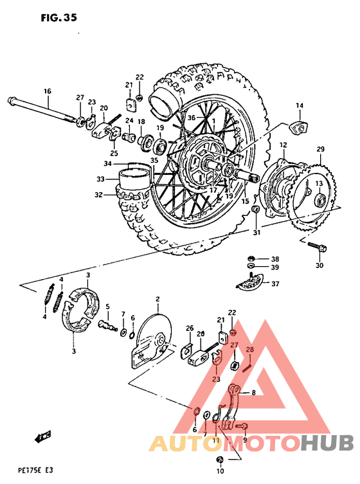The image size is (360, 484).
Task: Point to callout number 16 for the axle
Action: (x=47, y=92)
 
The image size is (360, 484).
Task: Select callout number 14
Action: (x=299, y=105)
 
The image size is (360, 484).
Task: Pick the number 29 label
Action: (x=320, y=150)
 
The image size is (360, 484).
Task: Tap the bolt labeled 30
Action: (x=316, y=247)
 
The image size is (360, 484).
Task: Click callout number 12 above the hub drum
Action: (x=282, y=146)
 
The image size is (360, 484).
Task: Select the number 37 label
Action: (x=275, y=283)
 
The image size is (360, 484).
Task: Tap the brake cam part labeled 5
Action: (x=109, y=327)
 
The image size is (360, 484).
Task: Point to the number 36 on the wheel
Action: (x=190, y=118)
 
